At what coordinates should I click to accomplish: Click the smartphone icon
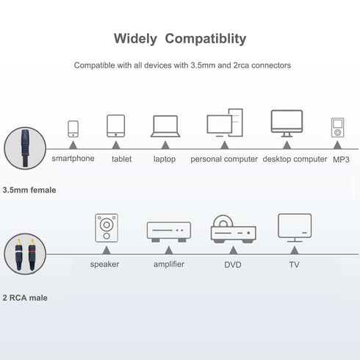pos(73,129)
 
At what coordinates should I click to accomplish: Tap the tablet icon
pos(115,126)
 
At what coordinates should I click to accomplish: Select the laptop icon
pos(165,126)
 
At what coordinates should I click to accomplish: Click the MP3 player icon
pos(337,128)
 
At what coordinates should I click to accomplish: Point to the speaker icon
pos(107,228)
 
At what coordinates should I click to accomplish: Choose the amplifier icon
pos(169,231)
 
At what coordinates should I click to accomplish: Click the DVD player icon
pos(234,229)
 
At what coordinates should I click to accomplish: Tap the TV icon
pos(295,228)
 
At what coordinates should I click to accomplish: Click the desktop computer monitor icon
pos(287,123)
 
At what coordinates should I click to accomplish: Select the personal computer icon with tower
pos(225,123)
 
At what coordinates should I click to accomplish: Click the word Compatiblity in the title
pos(206,39)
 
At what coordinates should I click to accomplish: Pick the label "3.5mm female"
pos(29,190)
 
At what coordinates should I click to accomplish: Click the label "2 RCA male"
pos(25,298)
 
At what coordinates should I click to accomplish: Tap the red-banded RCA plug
pos(32,254)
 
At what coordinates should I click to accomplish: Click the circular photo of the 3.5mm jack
pos(25,148)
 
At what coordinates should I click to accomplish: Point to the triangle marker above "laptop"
pos(165,145)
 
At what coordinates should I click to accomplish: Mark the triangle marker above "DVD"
pos(233,251)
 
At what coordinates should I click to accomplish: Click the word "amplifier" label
pos(169,264)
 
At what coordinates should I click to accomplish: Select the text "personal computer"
pos(224,159)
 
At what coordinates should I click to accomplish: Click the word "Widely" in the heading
pos(135,39)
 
